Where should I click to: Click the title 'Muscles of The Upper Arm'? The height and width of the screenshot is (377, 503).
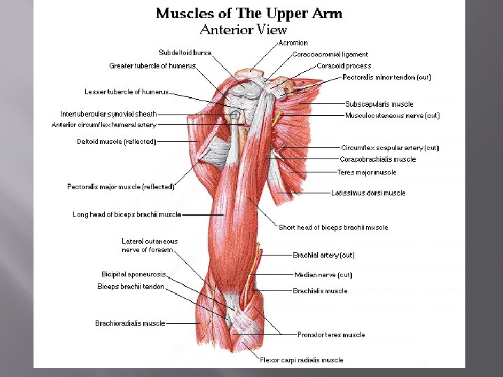249,14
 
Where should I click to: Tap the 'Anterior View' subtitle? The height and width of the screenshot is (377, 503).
243,29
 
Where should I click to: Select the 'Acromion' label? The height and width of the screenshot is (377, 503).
293,43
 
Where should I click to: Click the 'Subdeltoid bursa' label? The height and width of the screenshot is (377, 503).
185,52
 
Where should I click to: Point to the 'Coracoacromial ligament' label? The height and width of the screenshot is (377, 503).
330,54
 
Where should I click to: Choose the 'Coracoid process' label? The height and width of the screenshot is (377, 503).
344,66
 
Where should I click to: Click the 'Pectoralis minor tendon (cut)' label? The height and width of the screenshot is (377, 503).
387,77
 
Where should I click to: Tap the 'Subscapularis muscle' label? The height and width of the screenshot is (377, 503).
379,105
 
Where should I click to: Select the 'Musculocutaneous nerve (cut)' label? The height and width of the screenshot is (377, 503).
393,116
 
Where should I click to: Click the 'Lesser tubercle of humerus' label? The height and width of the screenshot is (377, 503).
126,91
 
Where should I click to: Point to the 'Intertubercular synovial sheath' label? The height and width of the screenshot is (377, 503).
109,114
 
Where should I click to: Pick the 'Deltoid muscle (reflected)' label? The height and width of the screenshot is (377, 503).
116,142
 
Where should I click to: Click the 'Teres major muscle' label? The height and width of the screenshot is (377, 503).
367,172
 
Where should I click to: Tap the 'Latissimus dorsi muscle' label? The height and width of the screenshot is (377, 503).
368,193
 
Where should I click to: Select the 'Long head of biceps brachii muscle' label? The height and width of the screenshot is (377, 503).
127,215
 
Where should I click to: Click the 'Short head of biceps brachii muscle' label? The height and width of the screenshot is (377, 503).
333,227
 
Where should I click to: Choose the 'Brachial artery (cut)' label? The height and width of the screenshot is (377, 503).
323,256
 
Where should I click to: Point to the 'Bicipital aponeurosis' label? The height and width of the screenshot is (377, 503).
133,274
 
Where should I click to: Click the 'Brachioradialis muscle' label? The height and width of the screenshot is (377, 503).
131,323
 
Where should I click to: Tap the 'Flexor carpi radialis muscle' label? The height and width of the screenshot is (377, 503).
302,360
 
